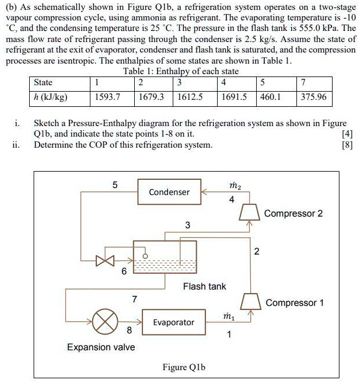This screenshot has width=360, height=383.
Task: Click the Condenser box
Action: [169, 192]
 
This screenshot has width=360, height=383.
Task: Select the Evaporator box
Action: [174, 322]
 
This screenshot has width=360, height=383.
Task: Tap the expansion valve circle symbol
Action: [105, 322]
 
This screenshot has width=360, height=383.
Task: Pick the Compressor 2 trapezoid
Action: [250, 213]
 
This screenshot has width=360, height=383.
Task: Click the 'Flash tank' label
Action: [204, 287]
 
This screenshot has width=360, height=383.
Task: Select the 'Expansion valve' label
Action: [101, 347]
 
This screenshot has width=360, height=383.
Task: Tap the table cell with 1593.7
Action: [107, 98]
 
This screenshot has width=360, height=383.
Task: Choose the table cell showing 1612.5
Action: [190, 98]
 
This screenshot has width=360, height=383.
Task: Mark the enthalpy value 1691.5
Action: [235, 98]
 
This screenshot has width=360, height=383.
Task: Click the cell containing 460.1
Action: [270, 98]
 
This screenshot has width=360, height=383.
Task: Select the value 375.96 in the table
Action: [313, 98]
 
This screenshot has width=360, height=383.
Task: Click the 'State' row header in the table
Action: [43, 82]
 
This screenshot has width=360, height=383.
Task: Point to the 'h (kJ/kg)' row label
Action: [51, 98]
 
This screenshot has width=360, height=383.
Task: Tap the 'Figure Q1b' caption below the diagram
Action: [184, 367]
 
